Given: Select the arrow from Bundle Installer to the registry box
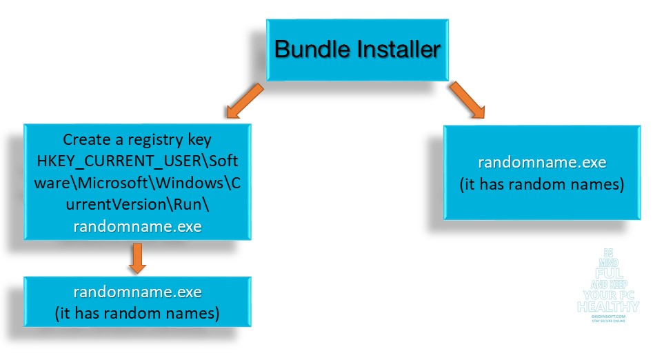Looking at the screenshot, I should point(242,101).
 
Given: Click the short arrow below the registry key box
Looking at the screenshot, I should point(135,259).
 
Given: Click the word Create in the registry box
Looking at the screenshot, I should point(85,139).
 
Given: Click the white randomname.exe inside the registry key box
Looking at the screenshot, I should point(137,227).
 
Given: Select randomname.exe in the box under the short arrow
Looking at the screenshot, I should point(137,292).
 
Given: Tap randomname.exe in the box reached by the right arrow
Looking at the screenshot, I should point(542,163).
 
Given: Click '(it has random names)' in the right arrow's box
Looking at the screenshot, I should point(542,185).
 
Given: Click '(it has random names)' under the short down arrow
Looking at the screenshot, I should point(137,314).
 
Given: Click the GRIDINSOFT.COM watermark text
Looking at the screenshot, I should point(607,316).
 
